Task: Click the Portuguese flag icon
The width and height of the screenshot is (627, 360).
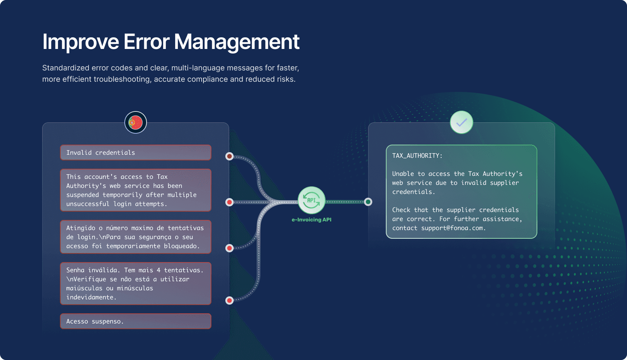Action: click(x=136, y=122)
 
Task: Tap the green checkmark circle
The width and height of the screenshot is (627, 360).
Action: click(x=462, y=122)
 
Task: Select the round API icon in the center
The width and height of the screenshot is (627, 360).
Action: click(x=312, y=200)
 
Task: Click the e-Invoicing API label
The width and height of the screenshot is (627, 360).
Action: click(x=311, y=220)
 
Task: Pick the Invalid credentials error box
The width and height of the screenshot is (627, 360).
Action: click(x=136, y=153)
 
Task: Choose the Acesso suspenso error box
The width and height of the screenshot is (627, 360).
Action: click(x=136, y=321)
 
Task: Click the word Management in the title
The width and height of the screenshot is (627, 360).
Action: click(x=237, y=42)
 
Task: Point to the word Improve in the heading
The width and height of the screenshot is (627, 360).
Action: click(x=81, y=42)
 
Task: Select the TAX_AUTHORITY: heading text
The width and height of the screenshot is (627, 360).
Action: click(x=417, y=156)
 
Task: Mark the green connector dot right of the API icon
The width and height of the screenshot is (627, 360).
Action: click(x=368, y=202)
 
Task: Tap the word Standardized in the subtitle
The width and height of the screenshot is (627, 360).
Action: click(x=65, y=68)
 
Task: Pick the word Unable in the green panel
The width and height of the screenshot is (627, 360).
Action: click(x=403, y=174)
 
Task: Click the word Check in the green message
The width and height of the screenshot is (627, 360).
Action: click(x=401, y=210)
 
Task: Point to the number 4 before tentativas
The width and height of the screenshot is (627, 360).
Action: click(x=159, y=270)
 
